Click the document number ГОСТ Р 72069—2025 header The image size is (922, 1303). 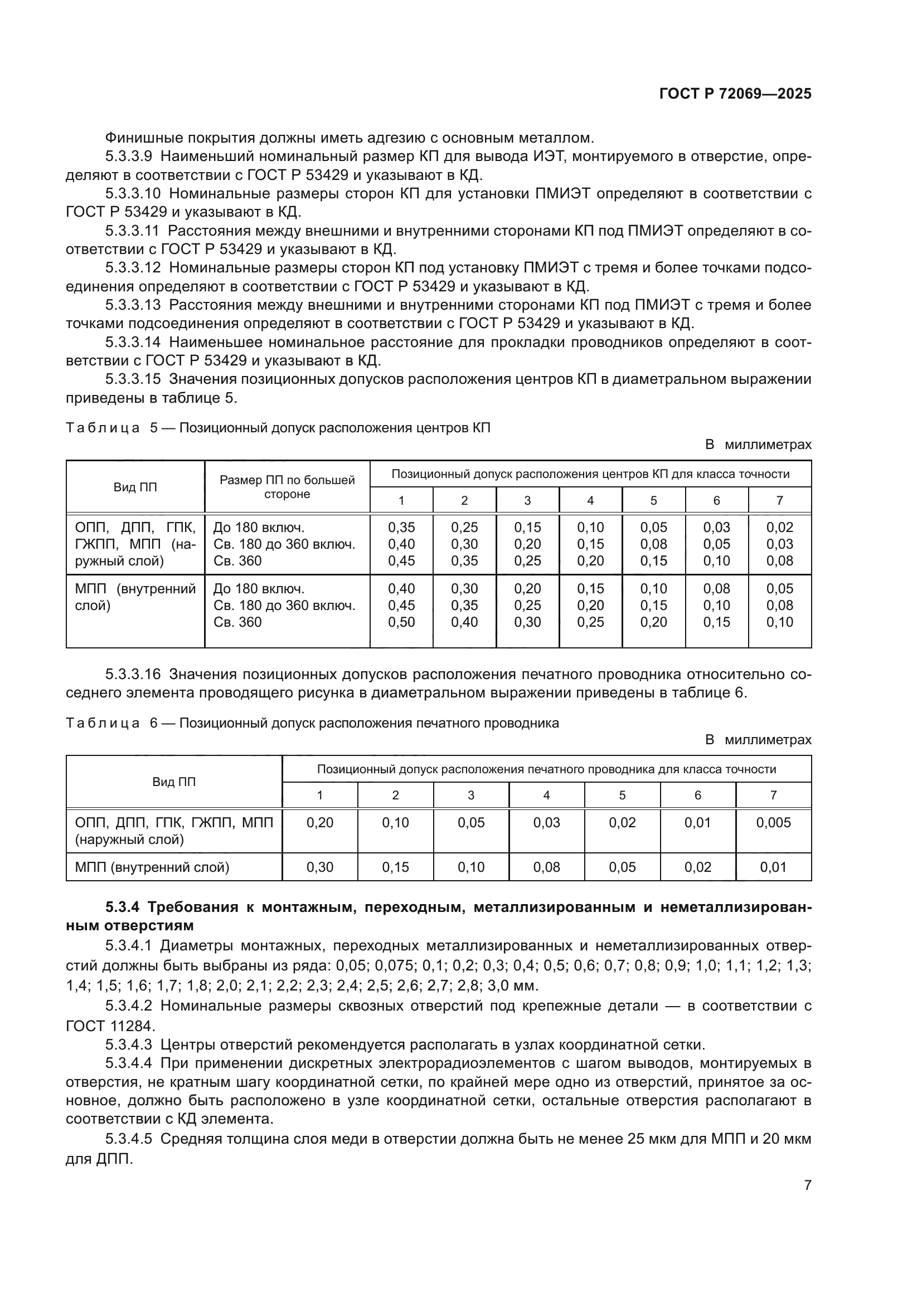pyautogui.click(x=735, y=94)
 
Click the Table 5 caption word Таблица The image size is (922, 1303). pyautogui.click(x=103, y=428)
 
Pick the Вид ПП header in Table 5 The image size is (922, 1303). pyautogui.click(x=135, y=487)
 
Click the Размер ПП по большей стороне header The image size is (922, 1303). pyautogui.click(x=287, y=487)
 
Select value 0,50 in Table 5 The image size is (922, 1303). pyautogui.click(x=401, y=622)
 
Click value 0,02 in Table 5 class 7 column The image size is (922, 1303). pyautogui.click(x=779, y=527)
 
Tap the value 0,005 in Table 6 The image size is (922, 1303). pyautogui.click(x=773, y=822)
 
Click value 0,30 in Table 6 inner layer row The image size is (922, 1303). pyautogui.click(x=319, y=867)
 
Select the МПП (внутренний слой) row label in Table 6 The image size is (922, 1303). pyautogui.click(x=152, y=867)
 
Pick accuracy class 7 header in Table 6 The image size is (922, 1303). pyautogui.click(x=773, y=795)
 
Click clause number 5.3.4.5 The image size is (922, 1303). pyautogui.click(x=128, y=1139)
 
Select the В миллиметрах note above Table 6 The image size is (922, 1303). pyautogui.click(x=758, y=740)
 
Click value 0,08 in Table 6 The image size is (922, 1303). pyautogui.click(x=546, y=867)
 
